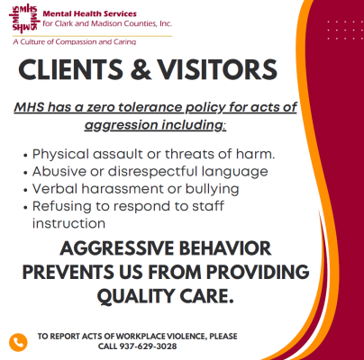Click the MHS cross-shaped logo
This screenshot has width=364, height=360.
coord(24,17)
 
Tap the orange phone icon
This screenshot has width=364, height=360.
coord(18,342)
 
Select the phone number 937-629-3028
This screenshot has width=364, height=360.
coord(149,346)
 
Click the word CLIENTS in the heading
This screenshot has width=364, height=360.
coord(70,69)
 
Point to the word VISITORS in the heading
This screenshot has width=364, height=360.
coord(217,69)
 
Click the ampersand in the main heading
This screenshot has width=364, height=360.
coord(141,69)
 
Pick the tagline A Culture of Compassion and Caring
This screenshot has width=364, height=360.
coord(75,41)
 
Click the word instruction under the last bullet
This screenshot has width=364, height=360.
coord(68,224)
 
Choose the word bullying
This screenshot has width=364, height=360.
coord(212,190)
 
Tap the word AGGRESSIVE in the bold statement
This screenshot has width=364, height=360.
coord(117,248)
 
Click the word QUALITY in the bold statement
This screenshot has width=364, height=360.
coord(136,296)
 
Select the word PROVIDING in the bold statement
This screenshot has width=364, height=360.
coord(258,272)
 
